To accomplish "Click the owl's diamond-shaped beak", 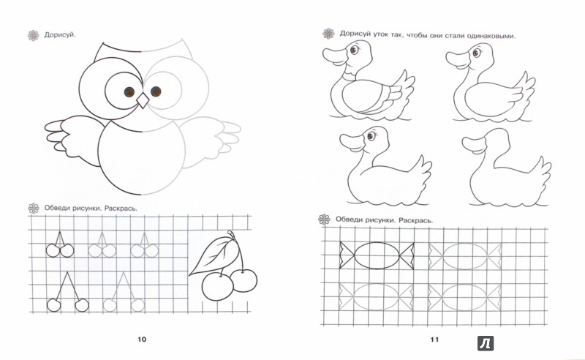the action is pyautogui.click(x=143, y=100).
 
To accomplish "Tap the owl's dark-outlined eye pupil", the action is pyautogui.click(x=129, y=91).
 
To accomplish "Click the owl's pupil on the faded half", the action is pyautogui.click(x=156, y=91).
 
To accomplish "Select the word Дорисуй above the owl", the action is pyautogui.click(x=60, y=35).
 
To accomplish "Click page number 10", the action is pyautogui.click(x=142, y=340).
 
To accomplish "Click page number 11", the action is pyautogui.click(x=434, y=340).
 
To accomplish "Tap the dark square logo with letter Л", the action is pyautogui.click(x=486, y=343).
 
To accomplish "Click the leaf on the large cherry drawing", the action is pyautogui.click(x=214, y=255).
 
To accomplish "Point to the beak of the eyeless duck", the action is pyautogui.click(x=473, y=145).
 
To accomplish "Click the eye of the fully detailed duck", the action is pyautogui.click(x=354, y=50).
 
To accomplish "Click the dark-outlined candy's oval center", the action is pyautogui.click(x=377, y=255).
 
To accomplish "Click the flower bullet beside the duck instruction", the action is pyautogui.click(x=328, y=34).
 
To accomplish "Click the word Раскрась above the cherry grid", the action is pyautogui.click(x=121, y=209).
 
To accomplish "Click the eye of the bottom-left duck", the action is pyautogui.click(x=371, y=135).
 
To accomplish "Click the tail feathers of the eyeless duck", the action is pyautogui.click(x=541, y=172).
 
